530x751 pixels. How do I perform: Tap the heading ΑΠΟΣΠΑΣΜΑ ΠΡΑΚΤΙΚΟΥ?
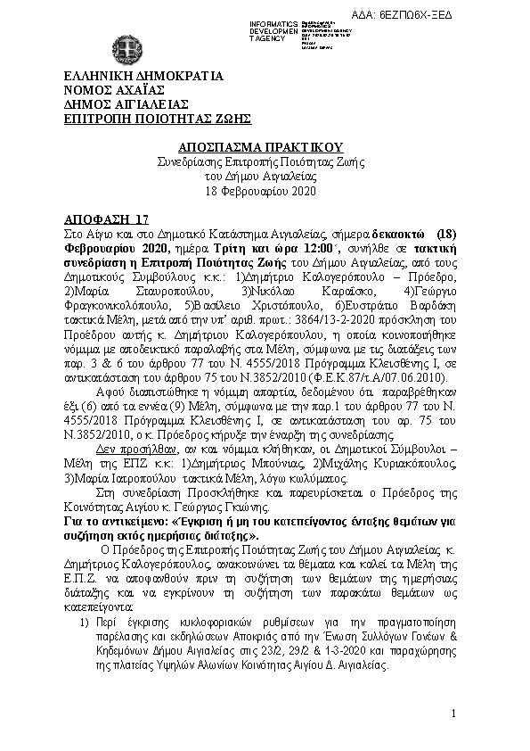pyautogui.click(x=248, y=146)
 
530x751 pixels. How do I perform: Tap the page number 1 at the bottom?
pyautogui.click(x=454, y=714)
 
